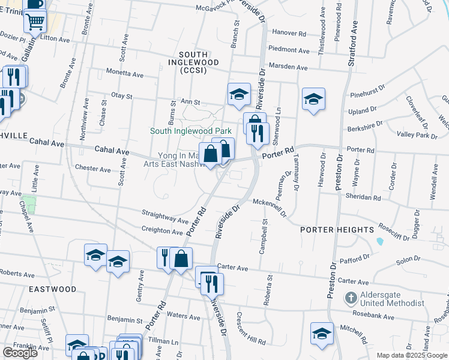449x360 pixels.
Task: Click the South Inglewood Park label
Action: coord(190,131)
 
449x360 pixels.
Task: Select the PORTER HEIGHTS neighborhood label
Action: coord(337,229)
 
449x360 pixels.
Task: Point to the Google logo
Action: coord(20,353)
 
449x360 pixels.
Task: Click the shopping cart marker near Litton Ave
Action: coord(35,22)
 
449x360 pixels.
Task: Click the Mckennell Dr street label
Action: coord(270,208)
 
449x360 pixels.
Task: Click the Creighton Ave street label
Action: coord(162,230)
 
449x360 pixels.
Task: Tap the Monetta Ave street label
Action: coord(125,74)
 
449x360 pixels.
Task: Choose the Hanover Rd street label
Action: coord(288,34)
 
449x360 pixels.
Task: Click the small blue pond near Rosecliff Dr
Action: coord(379,241)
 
